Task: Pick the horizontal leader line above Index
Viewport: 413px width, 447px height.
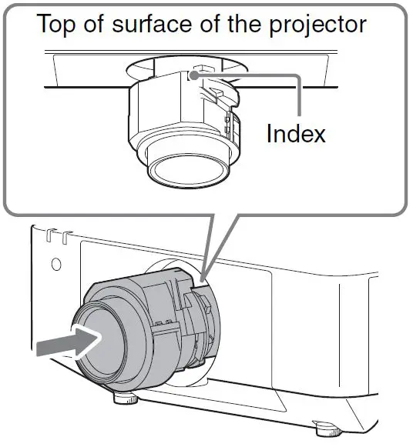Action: [254, 75]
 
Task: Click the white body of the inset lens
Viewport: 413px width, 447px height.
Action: [166, 115]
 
